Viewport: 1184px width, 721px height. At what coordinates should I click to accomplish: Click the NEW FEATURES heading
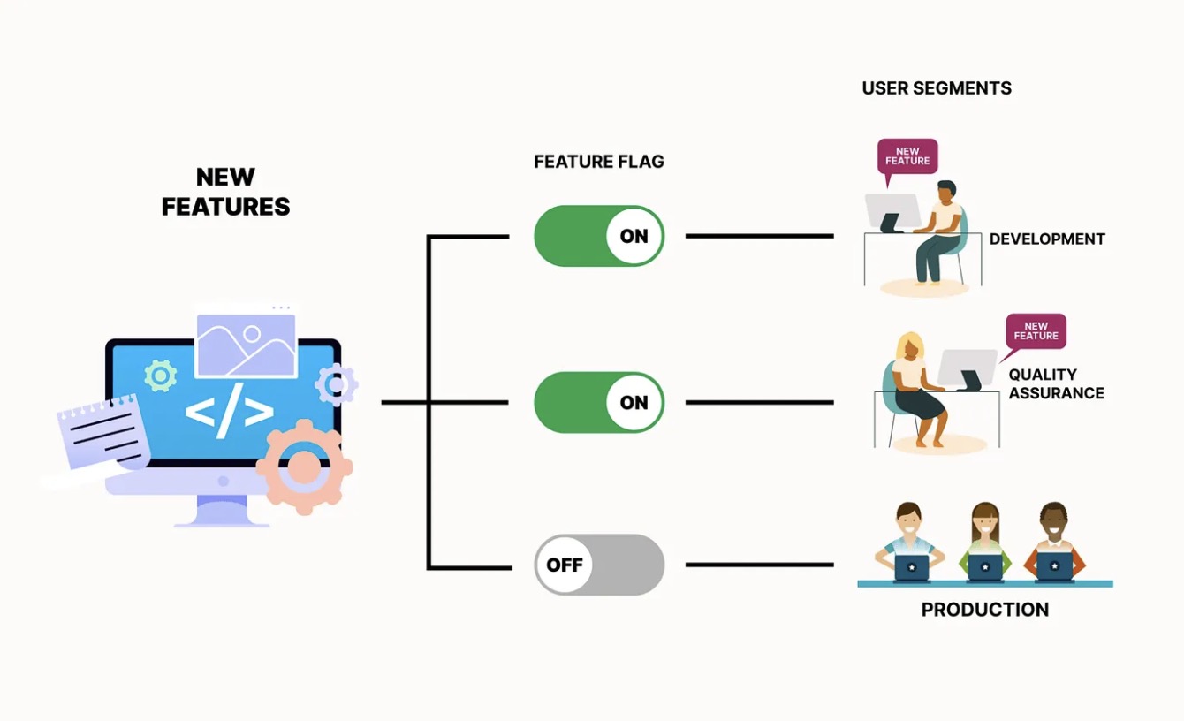pos(225,192)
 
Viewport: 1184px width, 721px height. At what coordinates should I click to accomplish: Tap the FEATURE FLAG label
pos(598,162)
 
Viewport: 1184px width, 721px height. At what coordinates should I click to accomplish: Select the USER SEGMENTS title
pos(936,88)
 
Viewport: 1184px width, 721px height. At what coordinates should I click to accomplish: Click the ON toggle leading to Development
pos(599,236)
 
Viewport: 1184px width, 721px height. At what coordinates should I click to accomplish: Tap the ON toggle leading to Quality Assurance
pos(599,402)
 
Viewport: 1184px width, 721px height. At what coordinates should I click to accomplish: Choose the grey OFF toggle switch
pos(599,565)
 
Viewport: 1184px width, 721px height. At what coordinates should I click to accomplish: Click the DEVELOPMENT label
pos(1047,239)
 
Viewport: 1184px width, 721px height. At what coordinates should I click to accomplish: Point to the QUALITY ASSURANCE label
pos(1056,383)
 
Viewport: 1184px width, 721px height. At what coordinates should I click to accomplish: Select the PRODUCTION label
pos(984,610)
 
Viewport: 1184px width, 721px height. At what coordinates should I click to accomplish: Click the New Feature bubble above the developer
pos(907,157)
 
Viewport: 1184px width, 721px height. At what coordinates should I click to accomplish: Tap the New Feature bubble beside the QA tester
pos(1036,331)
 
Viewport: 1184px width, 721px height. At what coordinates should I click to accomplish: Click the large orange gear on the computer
pos(304,467)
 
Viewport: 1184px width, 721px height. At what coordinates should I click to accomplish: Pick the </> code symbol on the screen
pos(229,413)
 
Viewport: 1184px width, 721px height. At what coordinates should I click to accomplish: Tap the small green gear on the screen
pos(160,376)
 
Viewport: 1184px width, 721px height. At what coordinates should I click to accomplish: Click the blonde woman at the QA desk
pos(915,389)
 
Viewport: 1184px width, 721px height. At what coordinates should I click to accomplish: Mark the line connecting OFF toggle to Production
pos(759,565)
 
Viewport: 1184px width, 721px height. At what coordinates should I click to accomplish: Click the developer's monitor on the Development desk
pos(892,212)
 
